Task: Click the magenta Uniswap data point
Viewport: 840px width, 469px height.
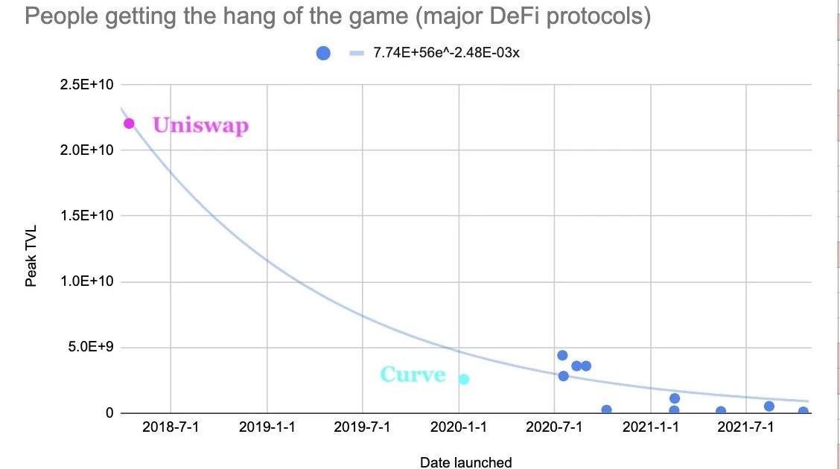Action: pos(129,123)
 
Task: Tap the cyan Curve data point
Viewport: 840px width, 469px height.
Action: pos(464,379)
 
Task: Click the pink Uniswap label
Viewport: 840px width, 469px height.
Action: pos(200,125)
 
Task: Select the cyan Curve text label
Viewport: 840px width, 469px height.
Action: pos(413,374)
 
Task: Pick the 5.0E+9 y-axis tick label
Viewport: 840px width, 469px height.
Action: pos(90,347)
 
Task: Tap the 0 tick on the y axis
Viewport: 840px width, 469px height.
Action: pos(108,413)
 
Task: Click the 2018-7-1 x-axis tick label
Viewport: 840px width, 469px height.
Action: pos(171,429)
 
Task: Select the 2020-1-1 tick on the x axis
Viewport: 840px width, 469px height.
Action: pos(459,429)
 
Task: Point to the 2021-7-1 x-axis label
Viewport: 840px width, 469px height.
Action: pos(747,429)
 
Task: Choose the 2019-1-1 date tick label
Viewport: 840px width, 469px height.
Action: pos(267,429)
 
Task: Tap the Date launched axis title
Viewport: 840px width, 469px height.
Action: pos(465,462)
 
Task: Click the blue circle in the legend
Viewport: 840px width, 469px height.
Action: pos(323,53)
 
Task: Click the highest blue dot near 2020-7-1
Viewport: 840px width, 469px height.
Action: pos(562,355)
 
